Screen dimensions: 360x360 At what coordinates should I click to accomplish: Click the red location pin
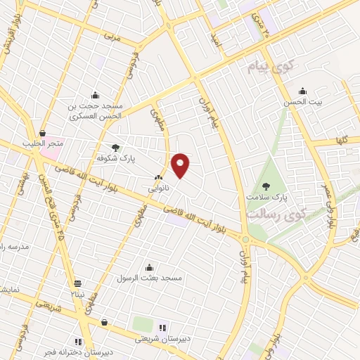click(x=181, y=165)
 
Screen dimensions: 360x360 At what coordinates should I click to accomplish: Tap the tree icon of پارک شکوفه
click(x=115, y=148)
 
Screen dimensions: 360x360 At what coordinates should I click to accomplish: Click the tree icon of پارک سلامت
click(x=265, y=186)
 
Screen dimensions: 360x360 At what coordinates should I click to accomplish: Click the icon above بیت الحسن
click(x=303, y=91)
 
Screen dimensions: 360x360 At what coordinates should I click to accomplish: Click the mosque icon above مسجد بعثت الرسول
click(x=149, y=267)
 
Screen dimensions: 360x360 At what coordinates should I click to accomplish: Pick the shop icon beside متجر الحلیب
click(x=43, y=133)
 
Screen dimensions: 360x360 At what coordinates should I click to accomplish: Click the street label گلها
click(x=342, y=141)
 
